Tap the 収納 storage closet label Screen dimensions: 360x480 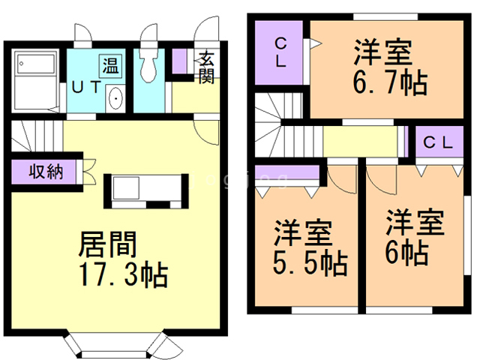[x=46, y=172]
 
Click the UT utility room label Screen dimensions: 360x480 [x=85, y=87]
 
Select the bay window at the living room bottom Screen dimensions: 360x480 [x=115, y=346]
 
